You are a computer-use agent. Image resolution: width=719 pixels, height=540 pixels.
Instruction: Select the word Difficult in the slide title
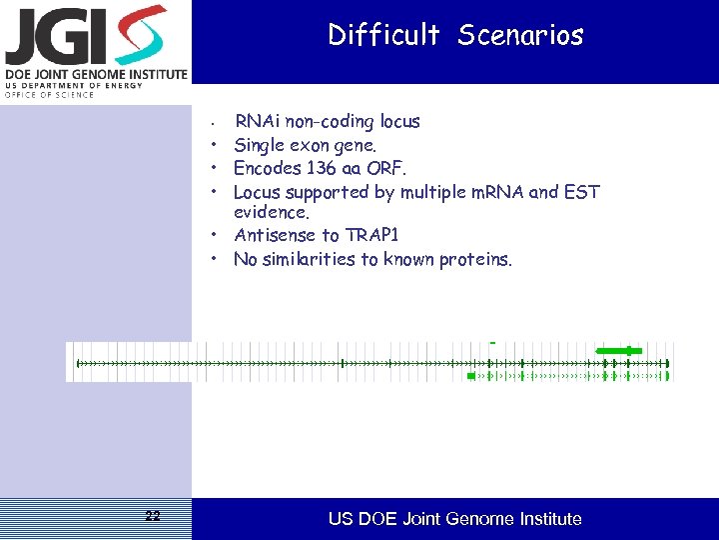tap(383, 36)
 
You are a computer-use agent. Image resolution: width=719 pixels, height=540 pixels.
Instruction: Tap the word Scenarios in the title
tap(520, 36)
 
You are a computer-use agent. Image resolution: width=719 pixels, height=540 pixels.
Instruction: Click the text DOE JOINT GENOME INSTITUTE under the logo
tap(96, 74)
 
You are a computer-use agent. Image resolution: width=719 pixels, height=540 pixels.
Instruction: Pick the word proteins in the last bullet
tap(474, 260)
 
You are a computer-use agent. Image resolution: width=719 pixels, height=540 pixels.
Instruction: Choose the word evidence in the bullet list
tap(271, 212)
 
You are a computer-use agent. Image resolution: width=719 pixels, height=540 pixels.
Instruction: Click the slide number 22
tap(152, 516)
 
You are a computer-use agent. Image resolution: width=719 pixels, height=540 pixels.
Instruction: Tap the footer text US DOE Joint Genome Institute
tap(455, 519)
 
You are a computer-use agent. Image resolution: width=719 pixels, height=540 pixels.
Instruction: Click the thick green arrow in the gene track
tap(619, 350)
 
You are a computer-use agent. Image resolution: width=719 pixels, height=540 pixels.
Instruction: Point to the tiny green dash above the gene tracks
tap(492, 343)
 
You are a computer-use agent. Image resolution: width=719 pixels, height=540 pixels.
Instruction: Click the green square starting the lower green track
tap(471, 376)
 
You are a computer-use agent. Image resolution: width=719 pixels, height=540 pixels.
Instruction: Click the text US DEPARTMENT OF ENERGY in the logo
tap(75, 85)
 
